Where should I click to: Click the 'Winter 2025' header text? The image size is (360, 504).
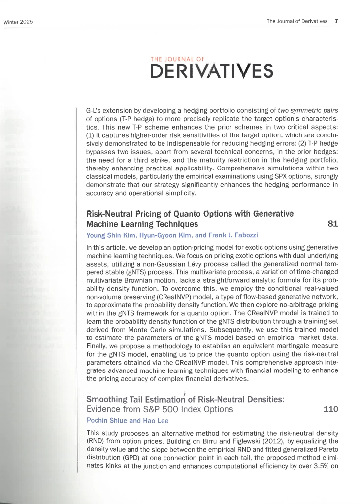click(x=18, y=22)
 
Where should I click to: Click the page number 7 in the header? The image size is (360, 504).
click(x=336, y=21)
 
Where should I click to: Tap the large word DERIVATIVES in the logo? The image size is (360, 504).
click(x=211, y=71)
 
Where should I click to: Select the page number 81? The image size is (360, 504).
click(x=333, y=224)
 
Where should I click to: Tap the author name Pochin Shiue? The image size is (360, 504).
click(x=104, y=420)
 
